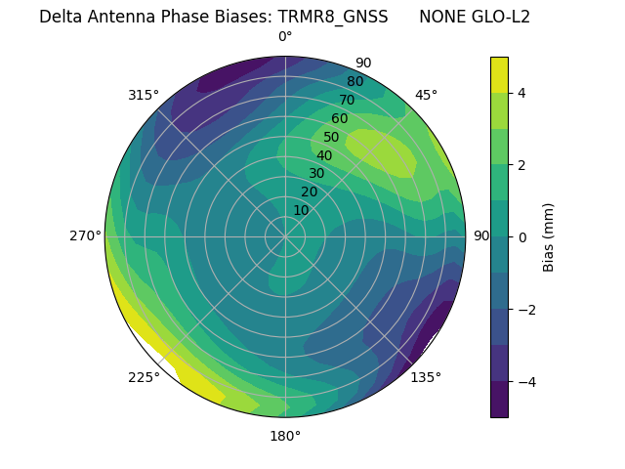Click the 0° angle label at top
(285, 37)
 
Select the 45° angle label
(426, 95)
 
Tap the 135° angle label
(426, 377)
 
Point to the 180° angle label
(285, 436)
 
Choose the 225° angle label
(144, 378)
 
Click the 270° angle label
(85, 236)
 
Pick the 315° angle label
(144, 95)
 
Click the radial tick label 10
(301, 210)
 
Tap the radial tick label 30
(316, 174)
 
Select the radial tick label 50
(331, 138)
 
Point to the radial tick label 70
(347, 101)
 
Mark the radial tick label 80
(354, 82)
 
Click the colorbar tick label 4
(521, 93)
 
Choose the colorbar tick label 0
(521, 236)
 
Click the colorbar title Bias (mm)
(549, 236)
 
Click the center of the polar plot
(285, 236)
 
